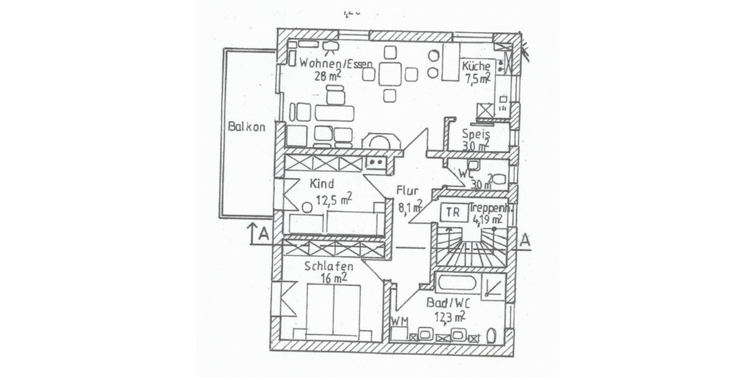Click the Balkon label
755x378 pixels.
(x=247, y=127)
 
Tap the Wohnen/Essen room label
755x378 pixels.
(x=336, y=63)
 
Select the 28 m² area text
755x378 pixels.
(x=328, y=76)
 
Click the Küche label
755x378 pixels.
(x=476, y=66)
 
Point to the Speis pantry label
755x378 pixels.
(x=476, y=134)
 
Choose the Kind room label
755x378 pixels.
(x=321, y=185)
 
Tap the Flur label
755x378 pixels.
(x=407, y=190)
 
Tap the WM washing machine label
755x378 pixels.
(x=399, y=322)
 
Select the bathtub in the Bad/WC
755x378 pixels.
(x=457, y=283)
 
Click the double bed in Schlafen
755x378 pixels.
(x=333, y=310)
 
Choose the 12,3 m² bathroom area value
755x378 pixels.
(x=449, y=316)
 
